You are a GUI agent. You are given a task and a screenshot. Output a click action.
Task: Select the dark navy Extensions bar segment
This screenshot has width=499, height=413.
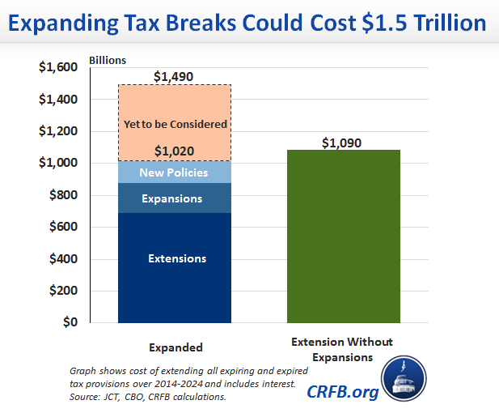[175, 267]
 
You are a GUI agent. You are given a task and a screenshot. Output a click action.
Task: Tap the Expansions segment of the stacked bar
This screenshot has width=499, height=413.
[175, 198]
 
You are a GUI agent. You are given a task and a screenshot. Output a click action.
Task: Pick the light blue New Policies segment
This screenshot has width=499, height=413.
[175, 172]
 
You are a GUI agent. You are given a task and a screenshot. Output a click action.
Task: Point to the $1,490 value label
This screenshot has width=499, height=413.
[175, 76]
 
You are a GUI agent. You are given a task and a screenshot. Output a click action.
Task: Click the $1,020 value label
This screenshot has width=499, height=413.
[175, 151]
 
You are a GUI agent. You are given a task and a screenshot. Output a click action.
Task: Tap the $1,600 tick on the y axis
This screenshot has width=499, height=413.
[59, 68]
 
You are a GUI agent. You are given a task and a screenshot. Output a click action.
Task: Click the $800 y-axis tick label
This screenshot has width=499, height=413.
[62, 195]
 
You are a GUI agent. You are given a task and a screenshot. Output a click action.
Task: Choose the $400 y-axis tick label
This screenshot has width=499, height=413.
[62, 259]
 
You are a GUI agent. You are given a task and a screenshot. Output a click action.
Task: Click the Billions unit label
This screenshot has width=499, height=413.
[108, 60]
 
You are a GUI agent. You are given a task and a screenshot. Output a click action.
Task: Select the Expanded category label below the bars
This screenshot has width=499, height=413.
[175, 347]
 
